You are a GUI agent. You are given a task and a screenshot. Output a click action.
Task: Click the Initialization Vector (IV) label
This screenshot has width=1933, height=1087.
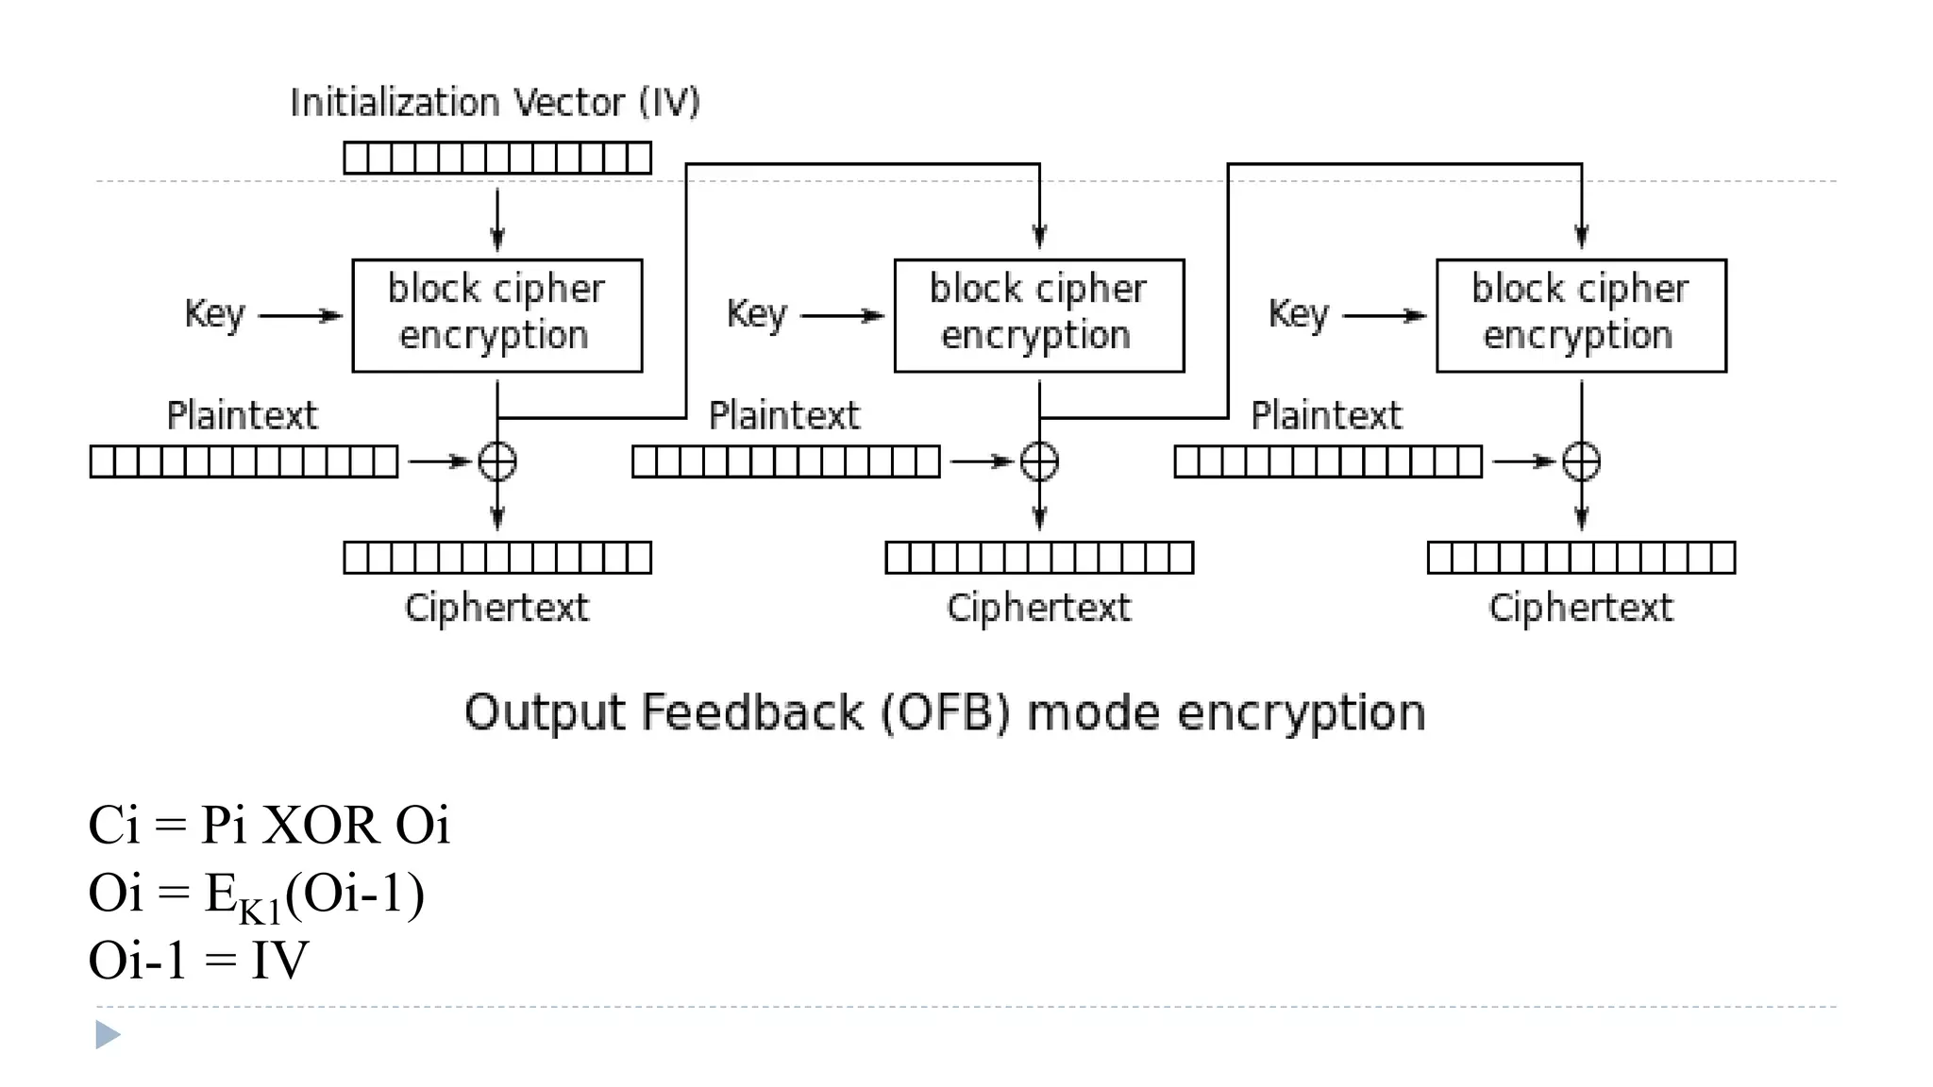(495, 102)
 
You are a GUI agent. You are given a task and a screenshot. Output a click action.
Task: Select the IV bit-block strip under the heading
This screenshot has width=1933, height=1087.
(497, 158)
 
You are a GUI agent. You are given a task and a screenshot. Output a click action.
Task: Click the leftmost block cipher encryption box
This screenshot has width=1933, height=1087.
(497, 315)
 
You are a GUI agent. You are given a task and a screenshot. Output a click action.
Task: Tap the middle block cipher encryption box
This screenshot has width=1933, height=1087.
(1039, 315)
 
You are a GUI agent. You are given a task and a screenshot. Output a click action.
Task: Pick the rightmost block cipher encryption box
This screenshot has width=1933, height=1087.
(1581, 315)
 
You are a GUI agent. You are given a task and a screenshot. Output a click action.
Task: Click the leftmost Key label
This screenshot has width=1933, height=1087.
(214, 314)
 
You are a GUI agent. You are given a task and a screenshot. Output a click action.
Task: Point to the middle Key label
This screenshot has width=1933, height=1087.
(756, 314)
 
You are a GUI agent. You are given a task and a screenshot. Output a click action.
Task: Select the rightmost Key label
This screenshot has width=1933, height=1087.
(1298, 314)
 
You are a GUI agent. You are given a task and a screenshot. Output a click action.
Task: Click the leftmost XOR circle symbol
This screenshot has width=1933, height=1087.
(497, 461)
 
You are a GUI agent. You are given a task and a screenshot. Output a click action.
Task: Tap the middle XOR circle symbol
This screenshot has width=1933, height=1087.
(1039, 461)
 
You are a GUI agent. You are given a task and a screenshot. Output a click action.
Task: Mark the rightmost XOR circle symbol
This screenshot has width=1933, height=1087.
(1581, 461)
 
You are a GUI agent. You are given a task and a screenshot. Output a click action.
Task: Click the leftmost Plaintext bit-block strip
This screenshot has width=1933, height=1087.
(244, 461)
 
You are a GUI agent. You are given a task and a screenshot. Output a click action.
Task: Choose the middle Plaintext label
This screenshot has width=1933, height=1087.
(784, 415)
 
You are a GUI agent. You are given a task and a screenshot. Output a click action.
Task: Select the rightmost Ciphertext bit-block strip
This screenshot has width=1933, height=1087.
(1581, 558)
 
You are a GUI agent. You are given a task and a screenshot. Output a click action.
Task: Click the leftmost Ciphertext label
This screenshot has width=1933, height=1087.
(496, 608)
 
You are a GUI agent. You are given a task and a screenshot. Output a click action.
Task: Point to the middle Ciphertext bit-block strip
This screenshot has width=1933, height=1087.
(1039, 558)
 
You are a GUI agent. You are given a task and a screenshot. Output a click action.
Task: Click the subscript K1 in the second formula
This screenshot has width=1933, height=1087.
(261, 911)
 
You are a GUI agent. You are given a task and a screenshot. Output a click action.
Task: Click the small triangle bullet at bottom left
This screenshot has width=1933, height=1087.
(108, 1035)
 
